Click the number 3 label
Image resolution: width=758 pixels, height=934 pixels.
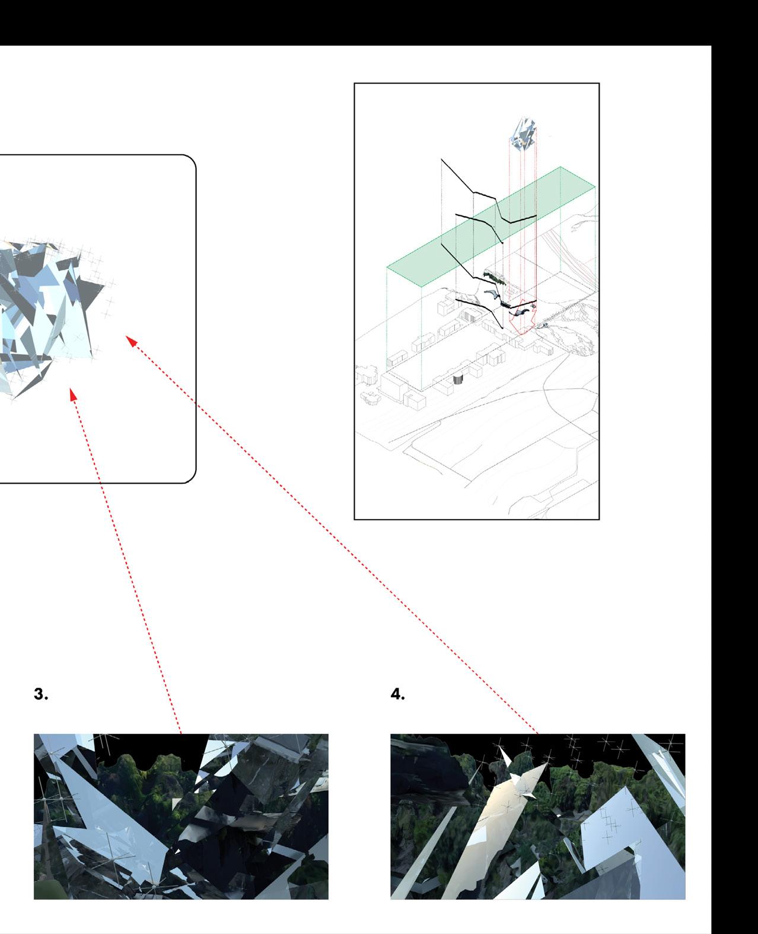(41, 694)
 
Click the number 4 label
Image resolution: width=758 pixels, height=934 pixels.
(397, 694)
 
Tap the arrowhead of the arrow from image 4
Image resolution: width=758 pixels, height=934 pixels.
(130, 340)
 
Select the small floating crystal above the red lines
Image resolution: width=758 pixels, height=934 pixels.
(523, 134)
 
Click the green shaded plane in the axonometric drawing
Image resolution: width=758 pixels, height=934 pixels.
(491, 227)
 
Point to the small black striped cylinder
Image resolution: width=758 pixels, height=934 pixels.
(458, 379)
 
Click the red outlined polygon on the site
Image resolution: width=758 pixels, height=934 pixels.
(523, 317)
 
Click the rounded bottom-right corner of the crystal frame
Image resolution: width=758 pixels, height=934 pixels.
(190, 477)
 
